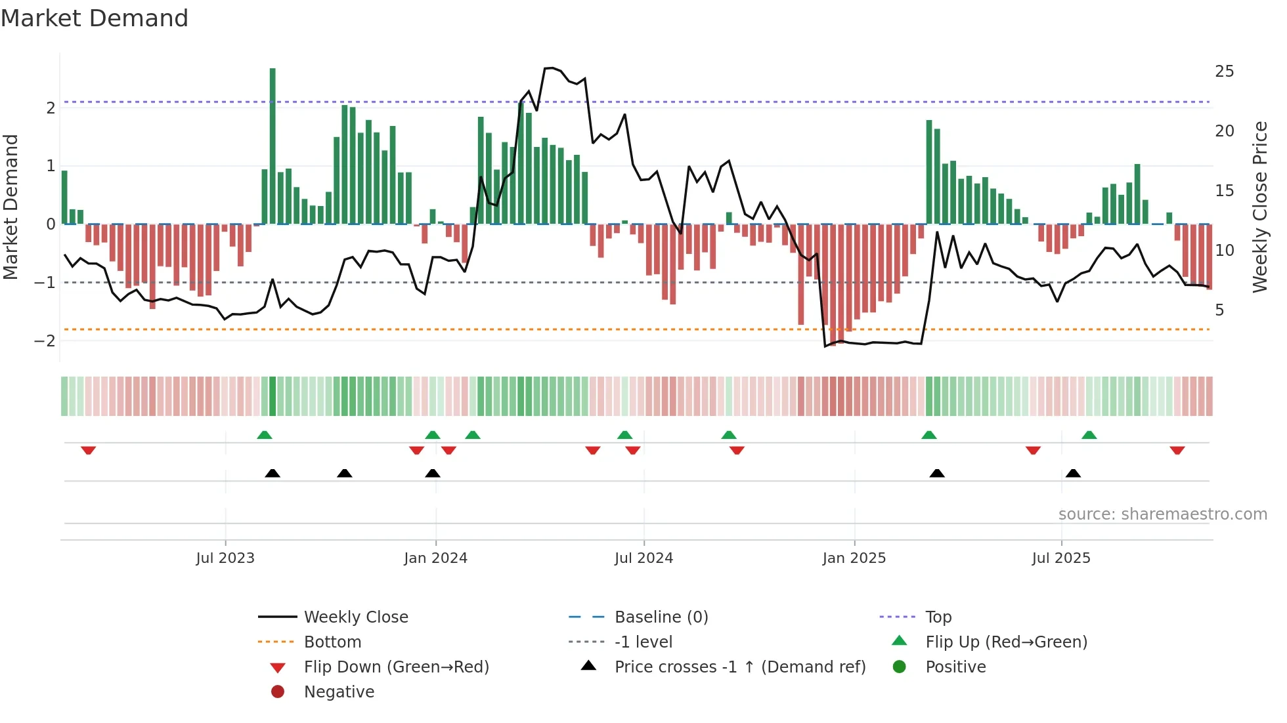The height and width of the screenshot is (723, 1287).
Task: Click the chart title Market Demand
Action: click(x=95, y=18)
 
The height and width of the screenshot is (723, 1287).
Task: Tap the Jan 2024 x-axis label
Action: click(x=435, y=558)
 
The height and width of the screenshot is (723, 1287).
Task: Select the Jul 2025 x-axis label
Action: click(x=1060, y=558)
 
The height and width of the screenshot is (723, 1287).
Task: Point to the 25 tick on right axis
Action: click(x=1224, y=72)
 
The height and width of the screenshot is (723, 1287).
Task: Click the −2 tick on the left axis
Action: click(x=45, y=341)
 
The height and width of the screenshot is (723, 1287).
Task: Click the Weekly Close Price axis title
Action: click(x=1259, y=207)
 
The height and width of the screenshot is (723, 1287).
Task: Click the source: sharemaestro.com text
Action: click(x=1162, y=514)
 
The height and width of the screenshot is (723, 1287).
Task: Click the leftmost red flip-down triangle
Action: click(x=88, y=451)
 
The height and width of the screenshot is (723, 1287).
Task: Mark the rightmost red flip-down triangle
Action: click(x=1177, y=451)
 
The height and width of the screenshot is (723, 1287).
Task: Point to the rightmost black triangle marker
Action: click(x=1073, y=473)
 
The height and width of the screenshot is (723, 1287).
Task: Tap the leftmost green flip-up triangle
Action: click(x=264, y=435)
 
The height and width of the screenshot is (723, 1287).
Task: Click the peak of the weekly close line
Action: click(x=550, y=68)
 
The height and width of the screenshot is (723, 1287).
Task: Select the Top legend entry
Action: click(x=938, y=617)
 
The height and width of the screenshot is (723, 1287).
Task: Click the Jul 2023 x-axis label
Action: click(x=225, y=558)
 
